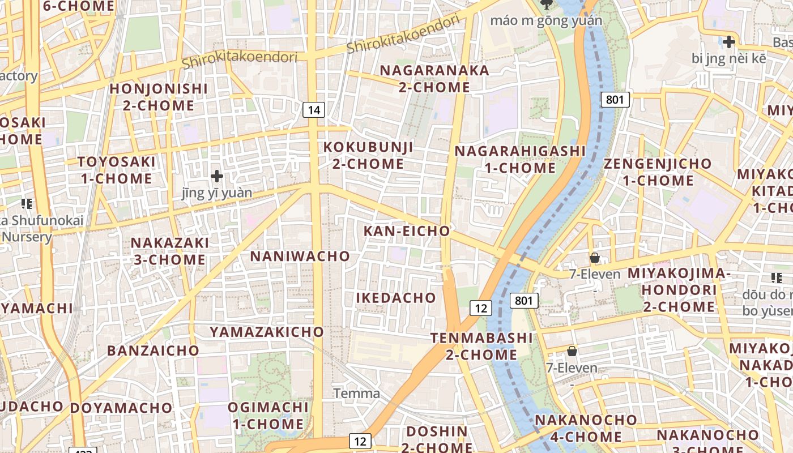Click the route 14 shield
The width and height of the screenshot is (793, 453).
313,109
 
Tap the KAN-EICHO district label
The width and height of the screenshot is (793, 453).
406,231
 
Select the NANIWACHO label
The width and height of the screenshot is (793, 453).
300,256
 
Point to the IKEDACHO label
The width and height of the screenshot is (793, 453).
396,298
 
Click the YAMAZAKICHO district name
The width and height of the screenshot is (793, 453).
267,332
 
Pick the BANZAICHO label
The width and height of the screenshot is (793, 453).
154,350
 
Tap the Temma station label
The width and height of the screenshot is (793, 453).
356,393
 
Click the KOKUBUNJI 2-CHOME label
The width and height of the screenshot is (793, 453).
368,156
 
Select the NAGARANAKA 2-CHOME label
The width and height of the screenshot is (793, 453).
434,79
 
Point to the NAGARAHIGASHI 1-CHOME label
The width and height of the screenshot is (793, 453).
520,160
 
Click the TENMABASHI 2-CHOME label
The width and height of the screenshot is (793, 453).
481,347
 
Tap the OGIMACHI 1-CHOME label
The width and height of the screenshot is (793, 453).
268,416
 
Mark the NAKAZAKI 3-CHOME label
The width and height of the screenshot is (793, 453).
169,251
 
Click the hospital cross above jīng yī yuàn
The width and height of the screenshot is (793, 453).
216,176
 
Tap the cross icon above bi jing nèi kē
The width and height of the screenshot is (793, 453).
728,41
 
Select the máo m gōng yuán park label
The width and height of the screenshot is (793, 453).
546,21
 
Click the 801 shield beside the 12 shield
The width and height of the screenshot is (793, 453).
523,300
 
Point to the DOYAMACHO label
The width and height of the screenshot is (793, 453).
121,408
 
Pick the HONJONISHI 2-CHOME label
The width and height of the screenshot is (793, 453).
159,97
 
